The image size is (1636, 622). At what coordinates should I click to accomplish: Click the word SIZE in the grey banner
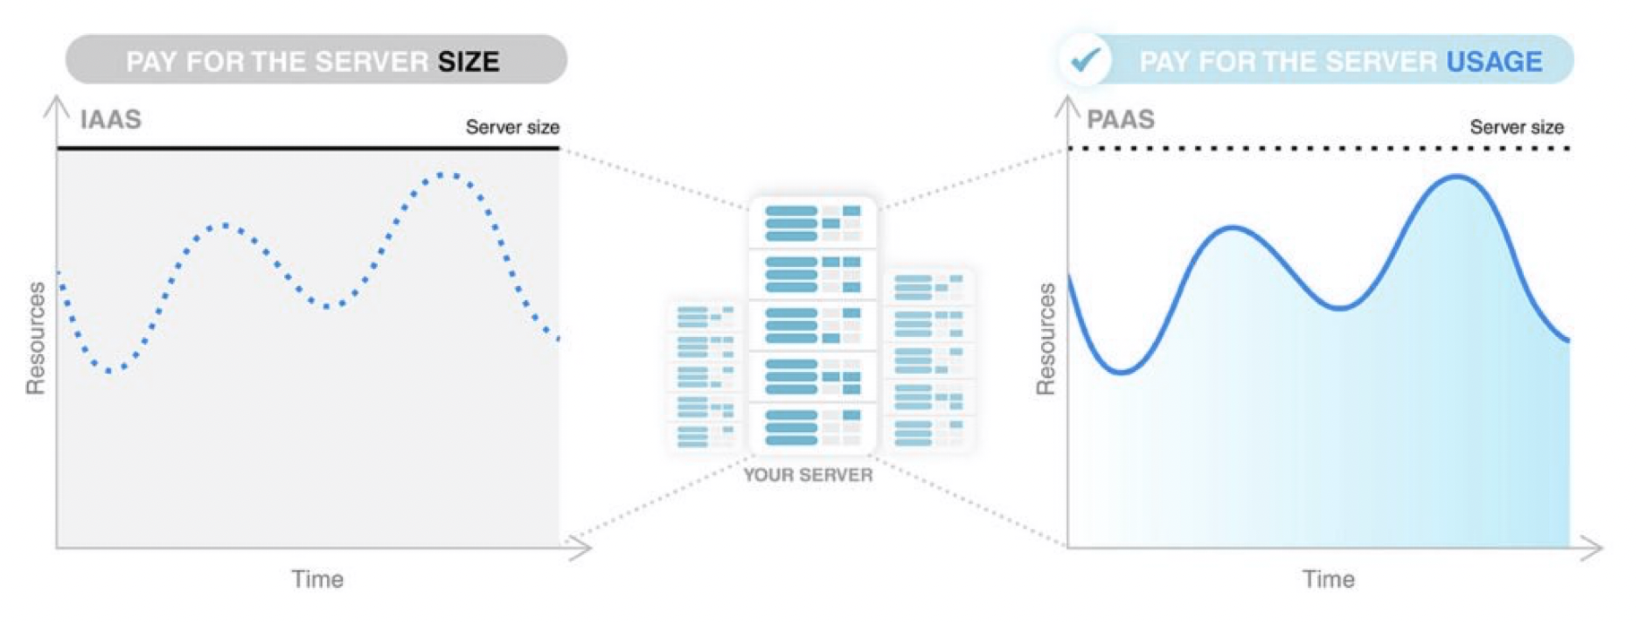coord(468,62)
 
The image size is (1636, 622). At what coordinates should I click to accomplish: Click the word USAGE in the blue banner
coord(1494,62)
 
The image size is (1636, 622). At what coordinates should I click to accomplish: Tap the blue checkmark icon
coord(1085,60)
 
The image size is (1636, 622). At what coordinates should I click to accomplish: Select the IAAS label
coord(110,119)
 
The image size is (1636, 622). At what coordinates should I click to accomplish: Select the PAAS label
coord(1120,119)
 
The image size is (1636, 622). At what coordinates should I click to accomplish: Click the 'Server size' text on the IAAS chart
coord(512,127)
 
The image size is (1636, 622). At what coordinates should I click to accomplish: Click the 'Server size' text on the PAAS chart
coord(1516,127)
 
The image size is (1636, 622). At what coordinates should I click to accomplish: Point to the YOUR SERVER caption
coord(807,475)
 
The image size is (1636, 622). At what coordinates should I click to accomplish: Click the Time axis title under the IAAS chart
coord(317,579)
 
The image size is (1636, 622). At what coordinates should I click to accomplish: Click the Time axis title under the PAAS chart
coord(1328,579)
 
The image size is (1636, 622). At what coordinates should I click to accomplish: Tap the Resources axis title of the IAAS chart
coord(35,338)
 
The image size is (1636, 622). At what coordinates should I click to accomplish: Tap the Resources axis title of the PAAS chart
coord(1046,338)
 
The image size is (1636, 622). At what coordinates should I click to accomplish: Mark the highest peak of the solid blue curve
coord(1457,177)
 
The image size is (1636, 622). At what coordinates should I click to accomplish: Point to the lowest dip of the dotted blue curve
coord(109,370)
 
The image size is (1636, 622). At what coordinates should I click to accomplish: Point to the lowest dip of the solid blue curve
coord(1121,371)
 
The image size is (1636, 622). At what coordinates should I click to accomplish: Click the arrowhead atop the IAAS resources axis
coord(56,105)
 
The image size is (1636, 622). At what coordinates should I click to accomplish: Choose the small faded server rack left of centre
coord(705,376)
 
